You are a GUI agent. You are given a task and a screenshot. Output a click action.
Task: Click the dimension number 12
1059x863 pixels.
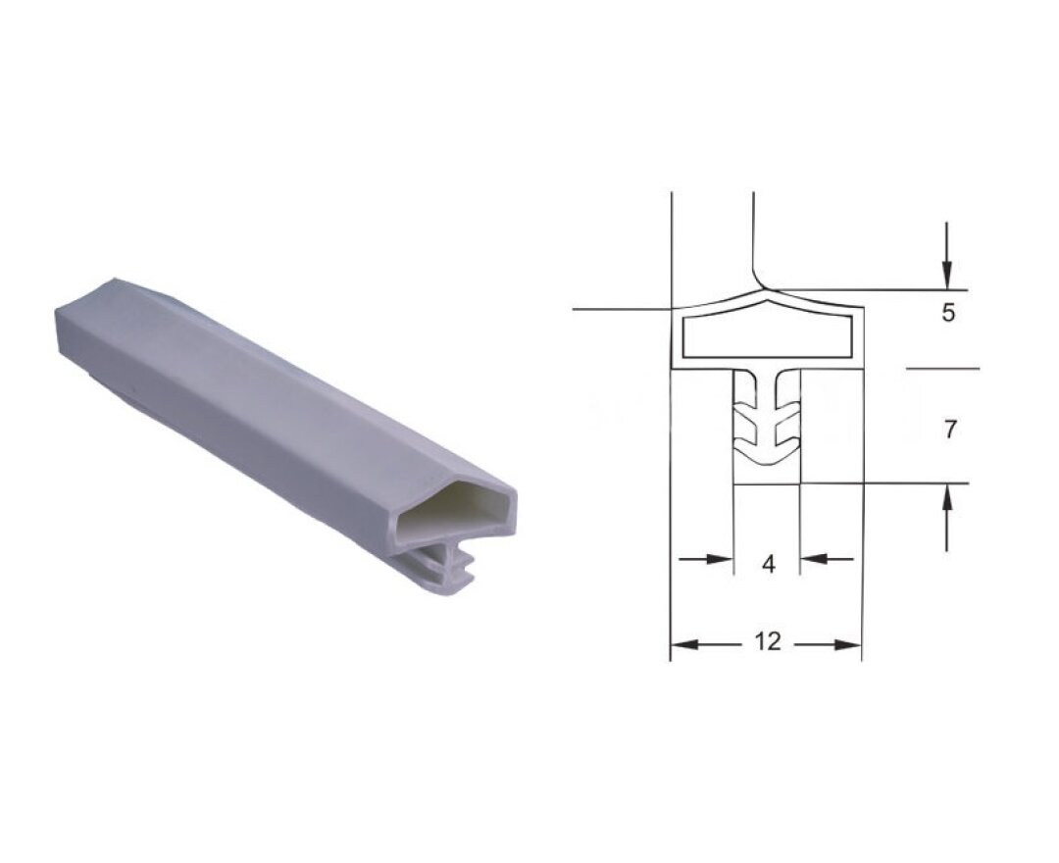click(767, 640)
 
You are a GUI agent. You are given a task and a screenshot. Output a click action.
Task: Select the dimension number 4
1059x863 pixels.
click(769, 564)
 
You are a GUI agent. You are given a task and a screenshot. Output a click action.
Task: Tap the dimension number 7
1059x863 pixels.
click(950, 430)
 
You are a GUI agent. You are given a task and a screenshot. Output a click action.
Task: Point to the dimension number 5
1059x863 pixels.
click(949, 313)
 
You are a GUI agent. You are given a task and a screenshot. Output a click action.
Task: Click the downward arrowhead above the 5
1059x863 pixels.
click(947, 276)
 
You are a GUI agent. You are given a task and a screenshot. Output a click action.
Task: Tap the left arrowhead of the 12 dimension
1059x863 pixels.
click(684, 645)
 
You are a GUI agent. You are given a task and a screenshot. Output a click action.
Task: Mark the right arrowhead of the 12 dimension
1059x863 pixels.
click(847, 645)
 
